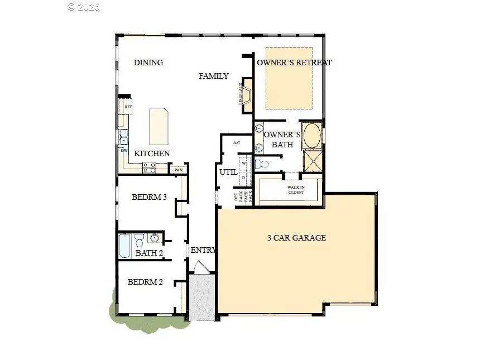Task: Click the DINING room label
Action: (148, 63)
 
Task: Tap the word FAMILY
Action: (214, 76)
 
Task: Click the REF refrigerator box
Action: (128, 107)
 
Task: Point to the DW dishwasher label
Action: (123, 150)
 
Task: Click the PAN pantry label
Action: (179, 170)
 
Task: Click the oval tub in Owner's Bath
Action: (311, 136)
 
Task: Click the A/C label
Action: (236, 143)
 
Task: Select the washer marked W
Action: (244, 163)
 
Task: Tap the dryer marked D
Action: (244, 177)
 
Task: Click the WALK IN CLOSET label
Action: (295, 190)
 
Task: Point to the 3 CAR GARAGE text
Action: (296, 238)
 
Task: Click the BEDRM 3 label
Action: (150, 197)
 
